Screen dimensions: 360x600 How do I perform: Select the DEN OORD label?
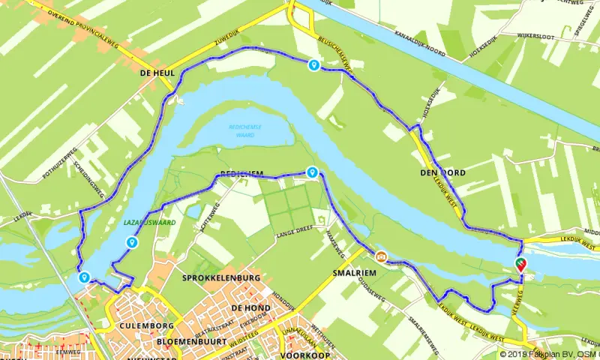[445, 173]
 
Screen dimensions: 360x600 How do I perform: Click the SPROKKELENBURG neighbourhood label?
[220, 278]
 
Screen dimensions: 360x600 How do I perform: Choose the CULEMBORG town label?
[146, 326]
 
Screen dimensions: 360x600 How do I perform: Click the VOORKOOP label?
[303, 355]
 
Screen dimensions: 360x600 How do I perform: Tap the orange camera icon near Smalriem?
[381, 257]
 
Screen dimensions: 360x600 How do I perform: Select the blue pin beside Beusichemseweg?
[313, 65]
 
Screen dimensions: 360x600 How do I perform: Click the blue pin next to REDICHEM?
[311, 172]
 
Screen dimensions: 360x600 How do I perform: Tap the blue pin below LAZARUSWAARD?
[132, 241]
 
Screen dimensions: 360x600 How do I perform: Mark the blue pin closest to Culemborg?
[84, 277]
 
